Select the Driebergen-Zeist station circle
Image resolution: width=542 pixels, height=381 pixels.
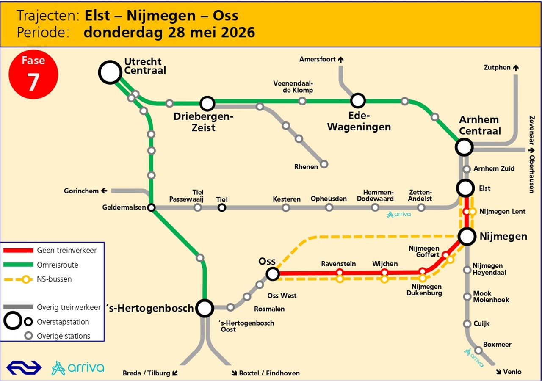(207, 103)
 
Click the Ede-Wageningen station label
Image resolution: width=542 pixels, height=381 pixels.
(359, 121)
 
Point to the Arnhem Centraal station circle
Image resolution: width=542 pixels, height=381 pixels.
(464, 147)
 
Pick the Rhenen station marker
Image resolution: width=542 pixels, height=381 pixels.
(324, 164)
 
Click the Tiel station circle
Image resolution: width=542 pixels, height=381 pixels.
(221, 207)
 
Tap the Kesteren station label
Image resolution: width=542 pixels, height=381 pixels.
(287, 199)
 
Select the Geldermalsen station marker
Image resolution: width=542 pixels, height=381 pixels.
(151, 207)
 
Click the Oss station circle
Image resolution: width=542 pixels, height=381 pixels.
(273, 273)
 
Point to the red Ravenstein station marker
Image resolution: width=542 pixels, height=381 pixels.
(340, 272)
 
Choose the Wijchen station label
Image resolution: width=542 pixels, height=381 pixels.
(385, 264)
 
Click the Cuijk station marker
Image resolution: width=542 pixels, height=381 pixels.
(467, 324)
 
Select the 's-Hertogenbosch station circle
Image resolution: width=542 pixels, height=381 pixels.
(205, 308)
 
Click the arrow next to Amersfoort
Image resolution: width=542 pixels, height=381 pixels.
(340, 60)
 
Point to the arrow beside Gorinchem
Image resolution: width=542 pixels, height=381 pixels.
(103, 191)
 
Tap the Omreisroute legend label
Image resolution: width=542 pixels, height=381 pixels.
(58, 265)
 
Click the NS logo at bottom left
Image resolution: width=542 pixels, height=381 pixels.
(24, 367)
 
